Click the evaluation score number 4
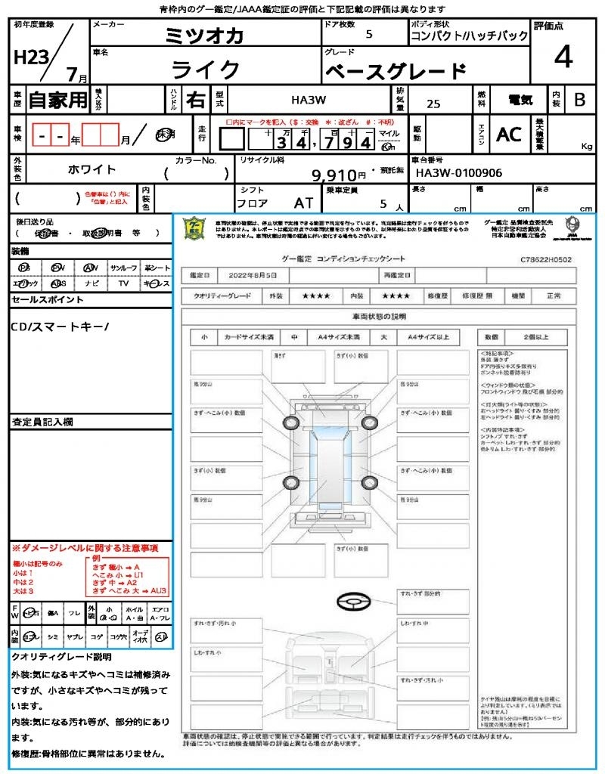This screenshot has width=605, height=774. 563,57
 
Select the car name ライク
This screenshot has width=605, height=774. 206,70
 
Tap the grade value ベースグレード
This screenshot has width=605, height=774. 396,72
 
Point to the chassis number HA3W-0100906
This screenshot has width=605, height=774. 459,173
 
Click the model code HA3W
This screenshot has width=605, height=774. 309,99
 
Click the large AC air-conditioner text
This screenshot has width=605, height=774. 509,135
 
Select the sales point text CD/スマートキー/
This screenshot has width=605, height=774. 60,327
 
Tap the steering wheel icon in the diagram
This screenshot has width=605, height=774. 352,602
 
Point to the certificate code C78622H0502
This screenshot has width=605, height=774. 546,259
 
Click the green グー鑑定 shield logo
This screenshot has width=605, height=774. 195,228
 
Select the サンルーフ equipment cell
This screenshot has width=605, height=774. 124,268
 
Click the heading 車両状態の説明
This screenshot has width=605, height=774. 379,316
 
